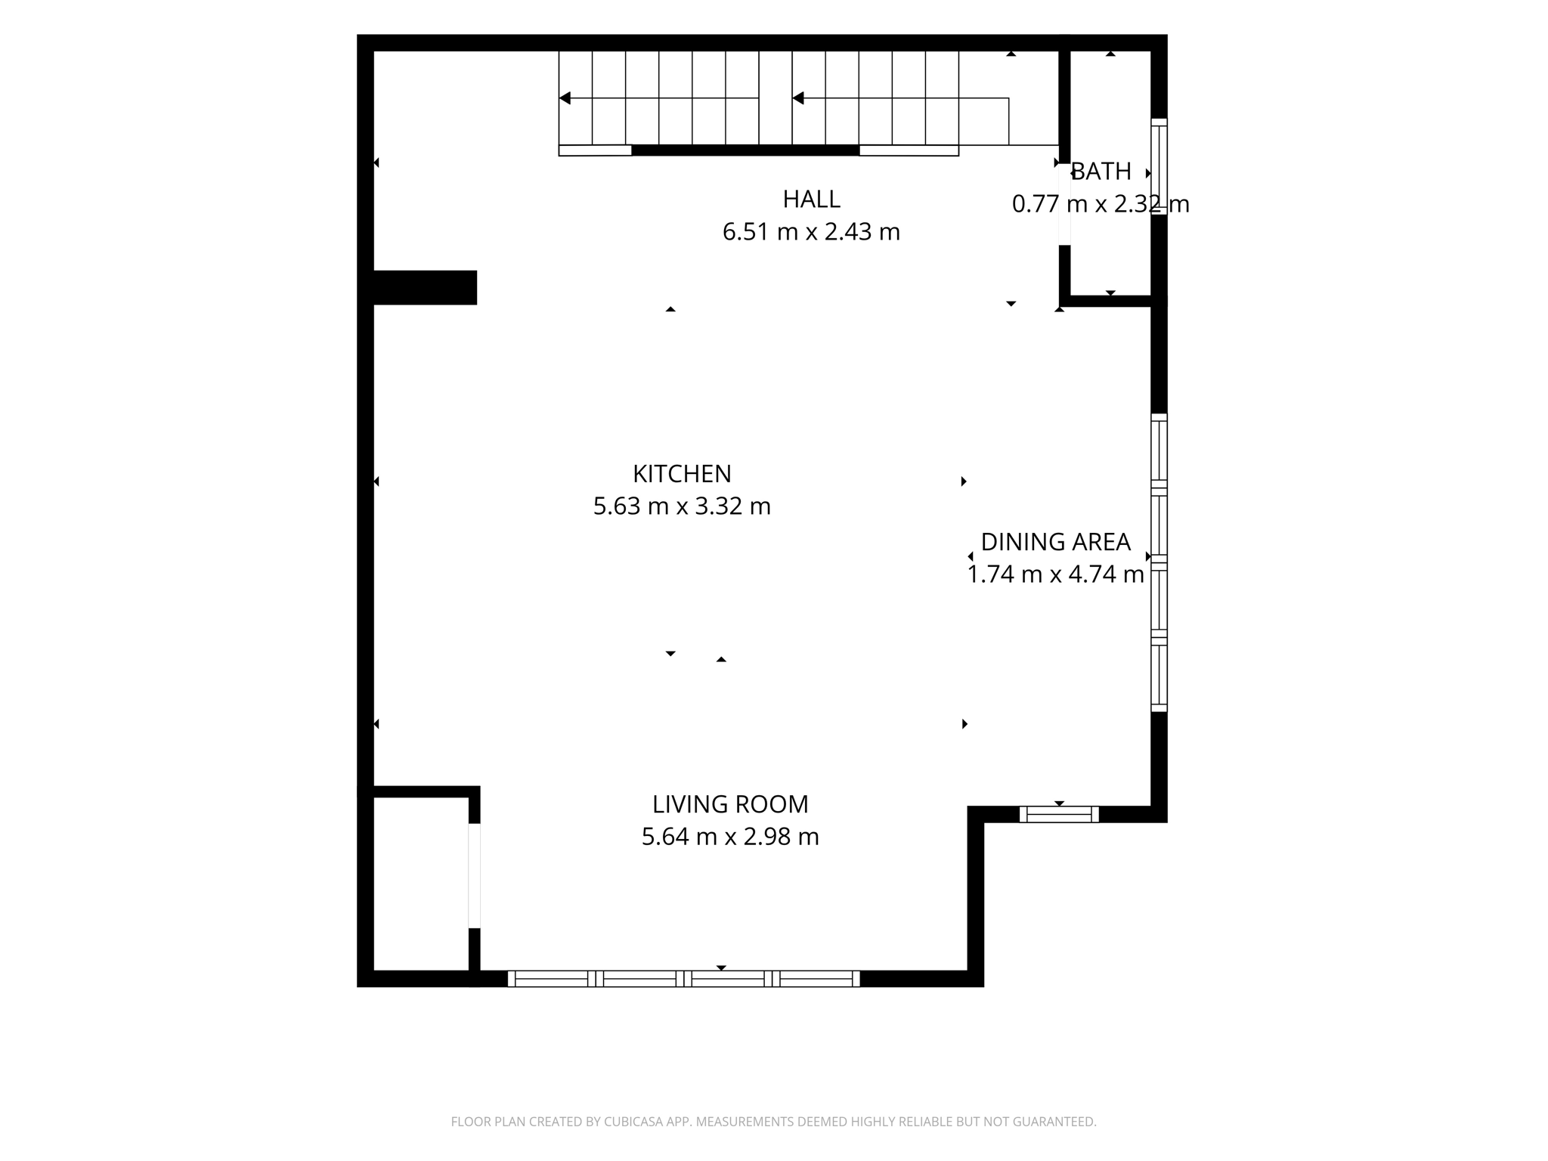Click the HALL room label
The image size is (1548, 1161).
tap(811, 199)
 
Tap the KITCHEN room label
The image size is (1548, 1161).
tap(682, 474)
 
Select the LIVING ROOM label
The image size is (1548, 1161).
tap(730, 804)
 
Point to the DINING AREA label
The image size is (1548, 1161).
tap(1055, 542)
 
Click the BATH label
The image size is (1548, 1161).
tap(1101, 172)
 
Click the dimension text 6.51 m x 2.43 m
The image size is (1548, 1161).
tap(811, 231)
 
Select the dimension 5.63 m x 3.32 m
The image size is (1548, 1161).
tap(682, 506)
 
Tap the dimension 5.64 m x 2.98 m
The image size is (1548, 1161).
tap(730, 837)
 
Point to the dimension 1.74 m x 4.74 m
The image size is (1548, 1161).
tap(1055, 574)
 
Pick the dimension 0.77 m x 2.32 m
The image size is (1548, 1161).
tap(1101, 204)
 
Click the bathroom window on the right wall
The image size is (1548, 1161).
tap(1159, 166)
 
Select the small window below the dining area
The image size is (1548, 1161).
tap(1059, 814)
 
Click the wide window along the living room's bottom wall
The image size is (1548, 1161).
tap(684, 979)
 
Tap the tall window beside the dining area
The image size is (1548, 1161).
tap(1159, 562)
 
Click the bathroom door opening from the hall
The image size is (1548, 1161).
tap(1064, 204)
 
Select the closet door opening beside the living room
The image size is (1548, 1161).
tap(474, 875)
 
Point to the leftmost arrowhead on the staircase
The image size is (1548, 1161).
tap(565, 98)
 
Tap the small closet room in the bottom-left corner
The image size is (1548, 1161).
tap(421, 884)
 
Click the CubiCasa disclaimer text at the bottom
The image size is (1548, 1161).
tap(773, 1122)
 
